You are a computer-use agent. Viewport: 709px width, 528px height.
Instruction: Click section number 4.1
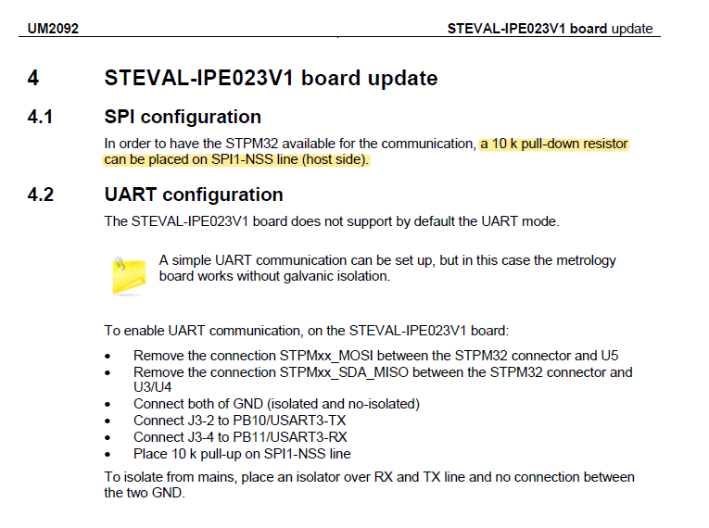click(x=41, y=117)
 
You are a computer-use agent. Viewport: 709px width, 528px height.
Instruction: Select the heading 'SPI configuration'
click(x=183, y=117)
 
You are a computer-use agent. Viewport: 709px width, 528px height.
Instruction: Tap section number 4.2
click(x=41, y=195)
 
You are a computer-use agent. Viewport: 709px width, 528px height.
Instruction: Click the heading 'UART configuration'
click(x=194, y=195)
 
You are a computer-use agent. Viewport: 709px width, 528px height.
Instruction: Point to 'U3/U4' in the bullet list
click(x=154, y=387)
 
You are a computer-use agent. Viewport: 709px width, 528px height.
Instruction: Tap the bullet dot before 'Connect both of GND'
click(x=109, y=405)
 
